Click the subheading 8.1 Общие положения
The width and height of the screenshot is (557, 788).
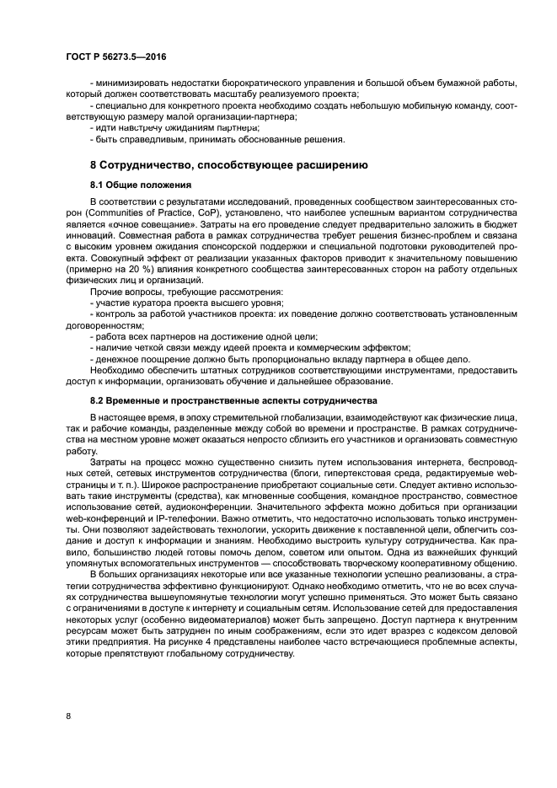(141, 185)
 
